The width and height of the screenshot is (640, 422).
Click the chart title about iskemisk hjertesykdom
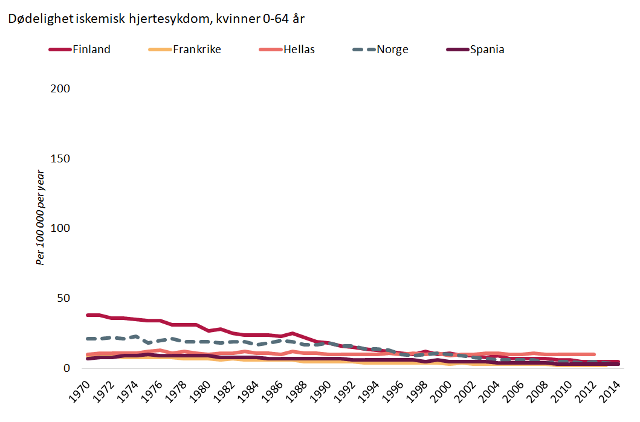[156, 19]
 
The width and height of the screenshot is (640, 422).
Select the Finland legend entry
[91, 50]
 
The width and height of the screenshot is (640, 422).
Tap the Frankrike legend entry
[196, 50]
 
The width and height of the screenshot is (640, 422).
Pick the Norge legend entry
[392, 50]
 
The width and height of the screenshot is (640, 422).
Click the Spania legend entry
[487, 50]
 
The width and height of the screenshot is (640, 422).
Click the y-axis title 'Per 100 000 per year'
[41, 218]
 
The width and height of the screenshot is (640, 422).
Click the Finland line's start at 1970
[88, 315]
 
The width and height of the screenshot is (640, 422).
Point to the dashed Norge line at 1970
[88, 339]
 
